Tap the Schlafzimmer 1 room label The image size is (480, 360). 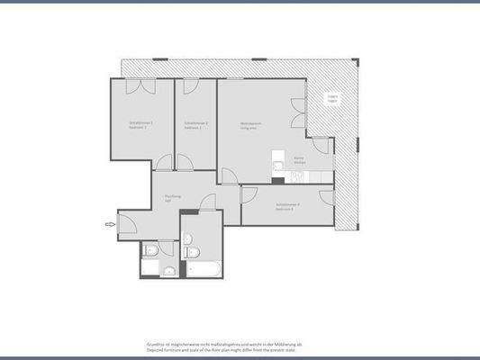(140, 125)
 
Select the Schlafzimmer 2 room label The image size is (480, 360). (196, 125)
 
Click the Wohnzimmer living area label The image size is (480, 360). (250, 125)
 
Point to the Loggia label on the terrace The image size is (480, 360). (331, 99)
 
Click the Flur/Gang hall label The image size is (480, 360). (173, 198)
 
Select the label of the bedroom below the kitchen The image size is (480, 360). (288, 206)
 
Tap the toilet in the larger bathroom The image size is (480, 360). (188, 240)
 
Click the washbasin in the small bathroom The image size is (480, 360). (168, 271)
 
